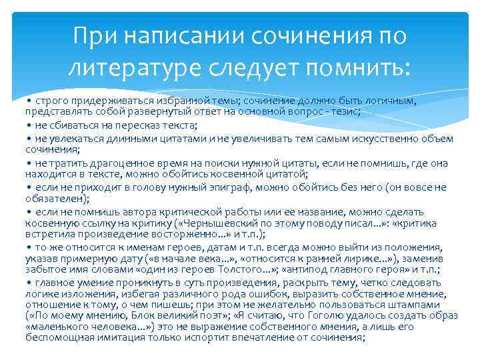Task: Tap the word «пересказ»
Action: [x=120, y=125]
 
